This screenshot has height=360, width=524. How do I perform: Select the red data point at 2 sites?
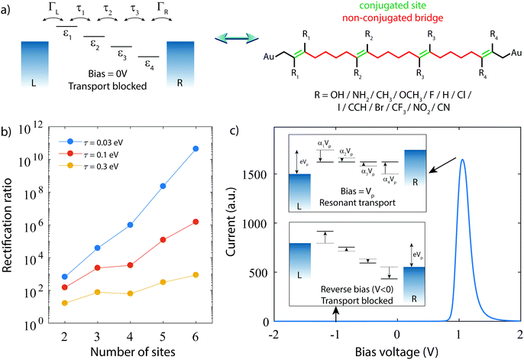65,287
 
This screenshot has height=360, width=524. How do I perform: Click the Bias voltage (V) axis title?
396,352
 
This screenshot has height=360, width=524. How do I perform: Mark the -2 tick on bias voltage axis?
274,335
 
